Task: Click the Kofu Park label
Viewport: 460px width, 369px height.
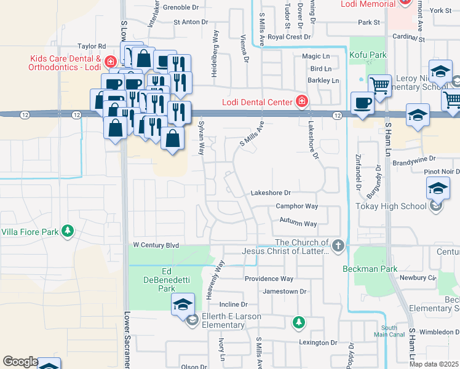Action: coord(368,55)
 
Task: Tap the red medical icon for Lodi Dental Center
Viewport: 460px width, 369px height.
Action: coord(302,101)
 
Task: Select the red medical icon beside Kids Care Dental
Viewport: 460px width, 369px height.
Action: coord(110,62)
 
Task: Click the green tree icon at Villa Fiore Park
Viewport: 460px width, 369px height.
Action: coord(67,232)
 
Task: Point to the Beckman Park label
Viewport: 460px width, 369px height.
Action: coord(370,269)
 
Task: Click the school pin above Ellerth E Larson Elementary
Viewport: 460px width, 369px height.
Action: coord(183,304)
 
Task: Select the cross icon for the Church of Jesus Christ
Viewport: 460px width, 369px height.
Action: coord(338,246)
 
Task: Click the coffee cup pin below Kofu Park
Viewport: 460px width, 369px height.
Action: coord(362,103)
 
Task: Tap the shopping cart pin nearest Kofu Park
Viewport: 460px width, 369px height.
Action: coord(379,85)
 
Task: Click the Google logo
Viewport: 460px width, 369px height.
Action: coord(20,362)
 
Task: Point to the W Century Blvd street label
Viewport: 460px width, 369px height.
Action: coord(156,245)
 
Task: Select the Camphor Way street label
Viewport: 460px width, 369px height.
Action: coord(296,206)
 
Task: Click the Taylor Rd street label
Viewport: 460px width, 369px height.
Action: coord(92,46)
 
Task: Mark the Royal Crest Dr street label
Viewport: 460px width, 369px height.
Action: coord(289,37)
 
